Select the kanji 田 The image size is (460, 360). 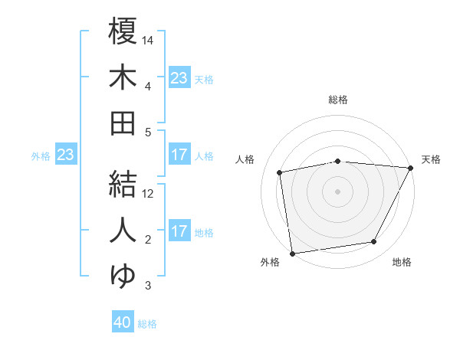[122, 123]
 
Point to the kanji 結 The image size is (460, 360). [122, 182]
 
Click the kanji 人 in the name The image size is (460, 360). [122, 229]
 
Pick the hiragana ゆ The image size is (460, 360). [122, 275]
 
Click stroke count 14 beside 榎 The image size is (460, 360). [148, 39]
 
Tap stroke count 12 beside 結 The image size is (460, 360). [148, 193]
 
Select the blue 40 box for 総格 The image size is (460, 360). [123, 323]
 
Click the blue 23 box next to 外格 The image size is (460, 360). [65, 155]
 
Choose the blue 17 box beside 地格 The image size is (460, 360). [179, 232]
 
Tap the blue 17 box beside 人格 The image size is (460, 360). [179, 155]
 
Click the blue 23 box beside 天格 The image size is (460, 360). [179, 78]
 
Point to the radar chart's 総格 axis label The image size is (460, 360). [338, 100]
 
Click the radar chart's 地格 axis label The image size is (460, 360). [402, 262]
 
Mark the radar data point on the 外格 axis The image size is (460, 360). [292, 253]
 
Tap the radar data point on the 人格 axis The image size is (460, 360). [281, 172]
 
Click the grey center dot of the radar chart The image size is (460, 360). [337, 191]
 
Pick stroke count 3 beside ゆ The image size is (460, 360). [148, 286]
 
